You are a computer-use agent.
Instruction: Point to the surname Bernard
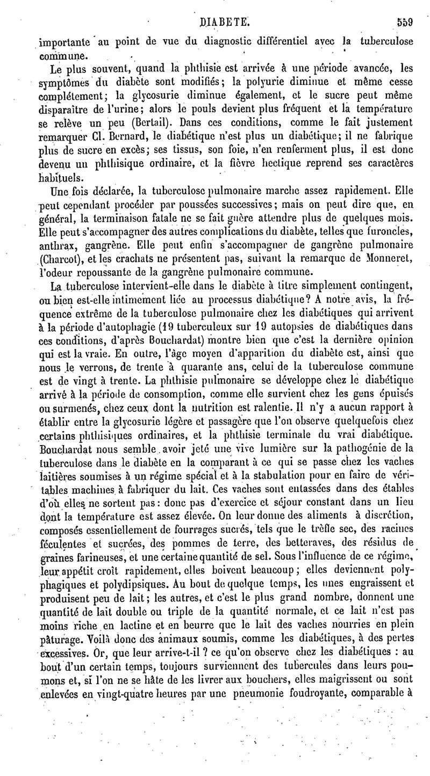[113, 134]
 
